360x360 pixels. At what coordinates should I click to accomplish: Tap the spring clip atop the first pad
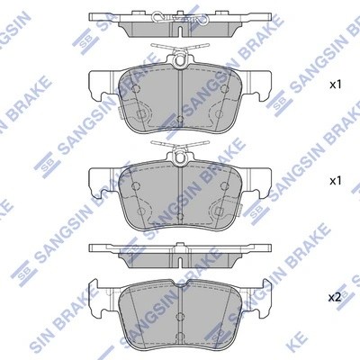(x=180, y=54)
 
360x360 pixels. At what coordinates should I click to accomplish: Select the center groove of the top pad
(x=180, y=99)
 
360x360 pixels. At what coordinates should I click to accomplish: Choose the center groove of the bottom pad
(x=180, y=306)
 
